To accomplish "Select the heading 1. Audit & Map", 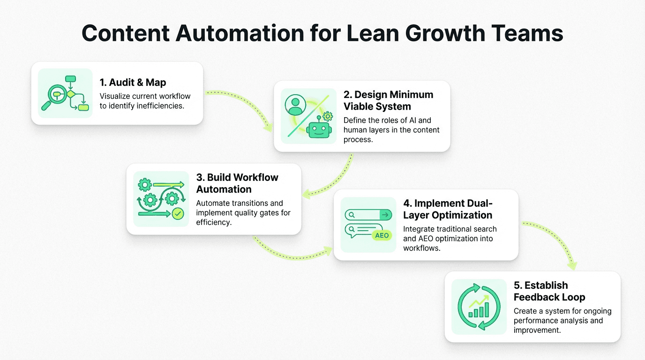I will tap(133, 82).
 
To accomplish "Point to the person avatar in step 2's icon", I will tap(295, 105).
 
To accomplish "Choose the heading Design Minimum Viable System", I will tap(388, 100).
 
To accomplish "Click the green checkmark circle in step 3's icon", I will tap(178, 214).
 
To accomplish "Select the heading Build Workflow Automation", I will tap(237, 183).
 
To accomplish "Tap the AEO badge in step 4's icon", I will tap(382, 235).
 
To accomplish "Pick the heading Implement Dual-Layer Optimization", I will tap(448, 209).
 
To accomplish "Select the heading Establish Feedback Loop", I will tap(549, 291).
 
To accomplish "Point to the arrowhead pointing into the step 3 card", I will tap(305, 194).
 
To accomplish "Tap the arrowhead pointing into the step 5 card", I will tap(572, 266).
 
